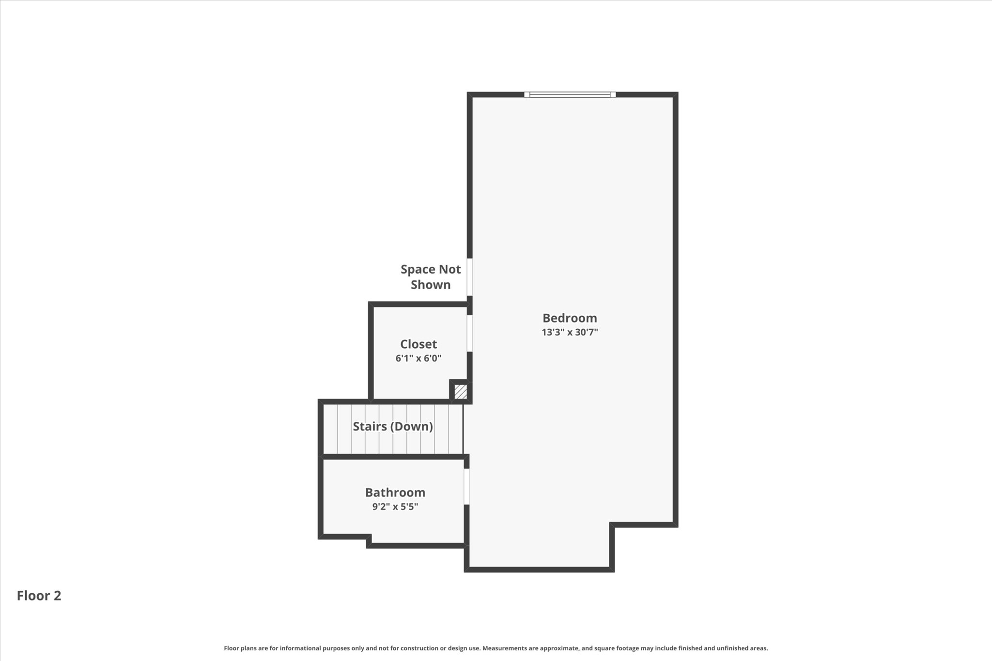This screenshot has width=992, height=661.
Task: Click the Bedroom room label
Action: (570, 318)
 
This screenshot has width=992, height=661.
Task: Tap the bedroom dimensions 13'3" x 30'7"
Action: (570, 332)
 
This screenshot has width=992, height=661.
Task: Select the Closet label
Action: (418, 344)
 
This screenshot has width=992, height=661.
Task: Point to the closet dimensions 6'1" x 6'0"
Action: (418, 358)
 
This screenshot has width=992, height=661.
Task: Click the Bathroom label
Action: (395, 492)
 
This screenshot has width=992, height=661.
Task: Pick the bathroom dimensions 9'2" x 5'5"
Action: (395, 507)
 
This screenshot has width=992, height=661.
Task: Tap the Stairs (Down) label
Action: (393, 427)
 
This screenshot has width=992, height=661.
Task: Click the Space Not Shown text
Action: (431, 277)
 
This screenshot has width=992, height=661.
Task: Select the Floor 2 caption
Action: (39, 596)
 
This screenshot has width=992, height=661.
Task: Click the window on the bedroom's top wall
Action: (570, 94)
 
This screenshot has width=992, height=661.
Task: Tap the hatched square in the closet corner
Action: (461, 391)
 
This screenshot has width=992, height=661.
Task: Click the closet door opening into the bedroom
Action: (469, 333)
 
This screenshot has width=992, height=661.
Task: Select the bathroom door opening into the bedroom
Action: (466, 487)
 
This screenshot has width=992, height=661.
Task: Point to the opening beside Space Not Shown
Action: (469, 277)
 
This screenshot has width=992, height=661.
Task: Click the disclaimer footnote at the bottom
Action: (496, 648)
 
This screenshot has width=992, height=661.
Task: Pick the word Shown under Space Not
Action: (431, 285)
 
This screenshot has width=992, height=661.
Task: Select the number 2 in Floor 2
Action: (58, 596)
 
